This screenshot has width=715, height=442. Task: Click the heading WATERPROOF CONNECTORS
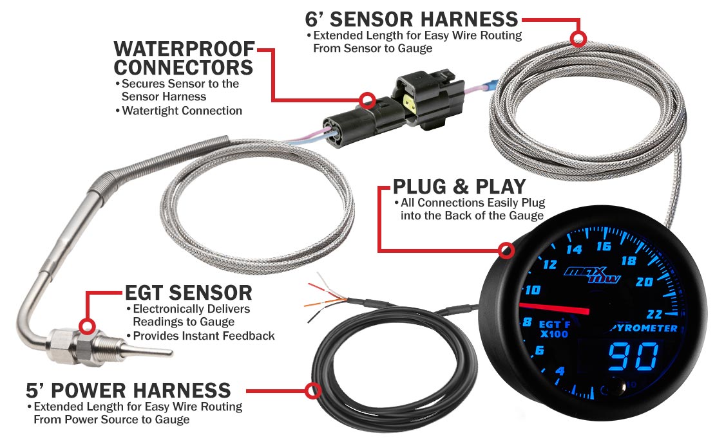pos(184,59)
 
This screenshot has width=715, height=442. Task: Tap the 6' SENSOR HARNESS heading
pos(412,19)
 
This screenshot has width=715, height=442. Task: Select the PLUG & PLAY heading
pos(460,187)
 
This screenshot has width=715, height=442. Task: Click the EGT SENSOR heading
pos(188,293)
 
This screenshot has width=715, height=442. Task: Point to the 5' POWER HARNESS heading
pos(129,391)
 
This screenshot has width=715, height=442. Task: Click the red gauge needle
pos(555,308)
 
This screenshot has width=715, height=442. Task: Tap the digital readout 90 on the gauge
pos(634,356)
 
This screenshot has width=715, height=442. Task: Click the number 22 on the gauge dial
pos(654,314)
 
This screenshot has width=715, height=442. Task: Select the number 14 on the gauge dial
pos(574,249)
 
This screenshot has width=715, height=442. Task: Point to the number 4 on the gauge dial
pos(560,371)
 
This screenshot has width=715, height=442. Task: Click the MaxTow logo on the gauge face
pos(593,274)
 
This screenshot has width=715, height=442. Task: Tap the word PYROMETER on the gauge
pos(644,328)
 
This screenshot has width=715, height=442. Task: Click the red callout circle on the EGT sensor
pos(87,326)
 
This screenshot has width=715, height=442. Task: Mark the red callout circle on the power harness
pos(313,391)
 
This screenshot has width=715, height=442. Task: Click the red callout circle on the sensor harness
pos(578,39)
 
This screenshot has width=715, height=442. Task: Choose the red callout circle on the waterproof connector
pos(367,100)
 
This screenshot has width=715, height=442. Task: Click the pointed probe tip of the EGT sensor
pos(171,352)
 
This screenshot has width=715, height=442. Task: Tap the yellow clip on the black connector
pos(410,104)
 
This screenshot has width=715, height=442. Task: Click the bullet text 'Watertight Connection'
pos(182,111)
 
